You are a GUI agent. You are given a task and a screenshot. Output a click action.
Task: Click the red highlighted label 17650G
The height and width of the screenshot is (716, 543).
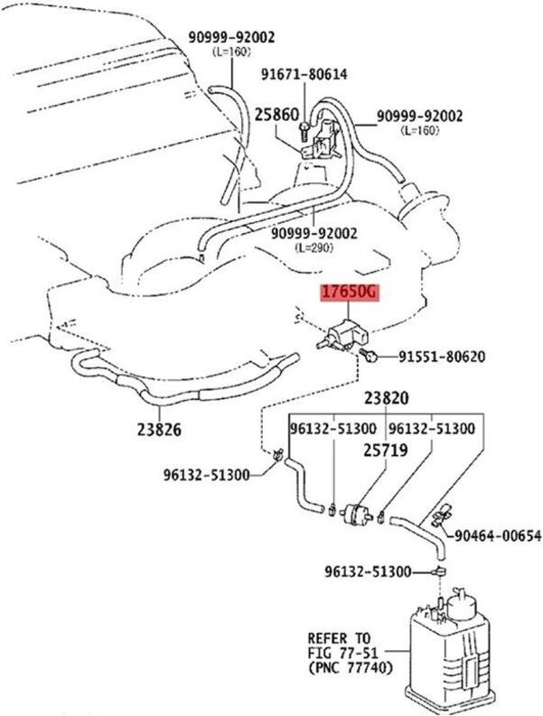pyautogui.click(x=350, y=293)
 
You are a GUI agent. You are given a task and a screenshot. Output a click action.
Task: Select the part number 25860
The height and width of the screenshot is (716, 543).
pyautogui.click(x=275, y=116)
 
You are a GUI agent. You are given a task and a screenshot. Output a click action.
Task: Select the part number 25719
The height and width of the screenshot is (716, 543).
pyautogui.click(x=387, y=448)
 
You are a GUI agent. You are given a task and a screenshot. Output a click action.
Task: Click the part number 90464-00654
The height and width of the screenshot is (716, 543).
pyautogui.click(x=497, y=536)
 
